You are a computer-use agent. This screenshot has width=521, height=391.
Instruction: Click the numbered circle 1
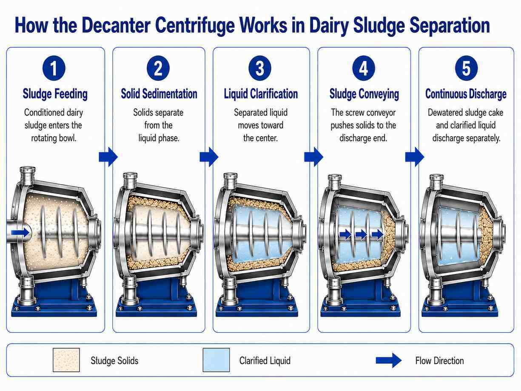(54, 68)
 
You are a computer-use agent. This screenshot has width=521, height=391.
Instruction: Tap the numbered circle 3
(260, 68)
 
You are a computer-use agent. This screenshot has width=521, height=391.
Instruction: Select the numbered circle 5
(466, 68)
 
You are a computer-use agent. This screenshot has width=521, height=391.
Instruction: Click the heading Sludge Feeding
(55, 94)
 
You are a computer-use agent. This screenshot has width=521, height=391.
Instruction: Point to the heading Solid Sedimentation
(159, 94)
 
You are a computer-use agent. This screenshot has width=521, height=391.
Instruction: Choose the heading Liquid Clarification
(261, 94)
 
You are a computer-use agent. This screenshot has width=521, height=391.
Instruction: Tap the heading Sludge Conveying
(364, 94)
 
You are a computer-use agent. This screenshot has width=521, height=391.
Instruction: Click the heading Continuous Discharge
(466, 94)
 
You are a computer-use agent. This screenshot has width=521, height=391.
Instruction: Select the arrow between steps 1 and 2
(108, 157)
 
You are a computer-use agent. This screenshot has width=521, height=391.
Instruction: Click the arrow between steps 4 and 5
(415, 157)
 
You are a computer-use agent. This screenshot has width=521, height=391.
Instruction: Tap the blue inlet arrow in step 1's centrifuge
(21, 233)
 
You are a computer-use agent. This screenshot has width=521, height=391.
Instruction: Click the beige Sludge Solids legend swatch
(66, 360)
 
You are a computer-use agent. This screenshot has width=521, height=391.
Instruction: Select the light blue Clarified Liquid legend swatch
(216, 360)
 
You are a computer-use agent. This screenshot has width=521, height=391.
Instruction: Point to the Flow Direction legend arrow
(389, 360)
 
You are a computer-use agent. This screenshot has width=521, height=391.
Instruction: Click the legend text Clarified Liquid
(265, 361)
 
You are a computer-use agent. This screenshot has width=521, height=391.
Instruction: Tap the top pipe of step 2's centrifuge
(130, 181)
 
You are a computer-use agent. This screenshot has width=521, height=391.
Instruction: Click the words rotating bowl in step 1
(54, 138)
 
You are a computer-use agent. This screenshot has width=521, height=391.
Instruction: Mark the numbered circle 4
(363, 68)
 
